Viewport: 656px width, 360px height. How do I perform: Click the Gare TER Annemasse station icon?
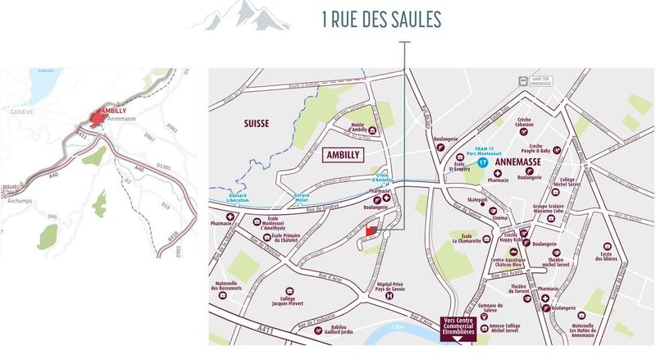[522, 80]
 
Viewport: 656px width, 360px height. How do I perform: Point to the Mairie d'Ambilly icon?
[374, 130]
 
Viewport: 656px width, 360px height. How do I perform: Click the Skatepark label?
[477, 199]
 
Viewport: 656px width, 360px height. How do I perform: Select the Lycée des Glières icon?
[608, 246]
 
